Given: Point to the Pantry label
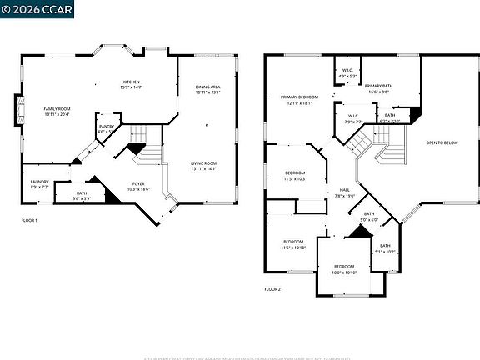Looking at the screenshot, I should [x=107, y=128].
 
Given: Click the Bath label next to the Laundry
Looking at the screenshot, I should [x=82, y=195].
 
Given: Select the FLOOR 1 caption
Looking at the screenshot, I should [x=29, y=220].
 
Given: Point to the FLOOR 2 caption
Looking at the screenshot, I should [x=272, y=288].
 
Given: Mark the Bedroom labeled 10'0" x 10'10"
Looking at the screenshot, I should [x=344, y=269].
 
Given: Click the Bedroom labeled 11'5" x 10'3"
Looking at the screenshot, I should [x=295, y=176].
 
